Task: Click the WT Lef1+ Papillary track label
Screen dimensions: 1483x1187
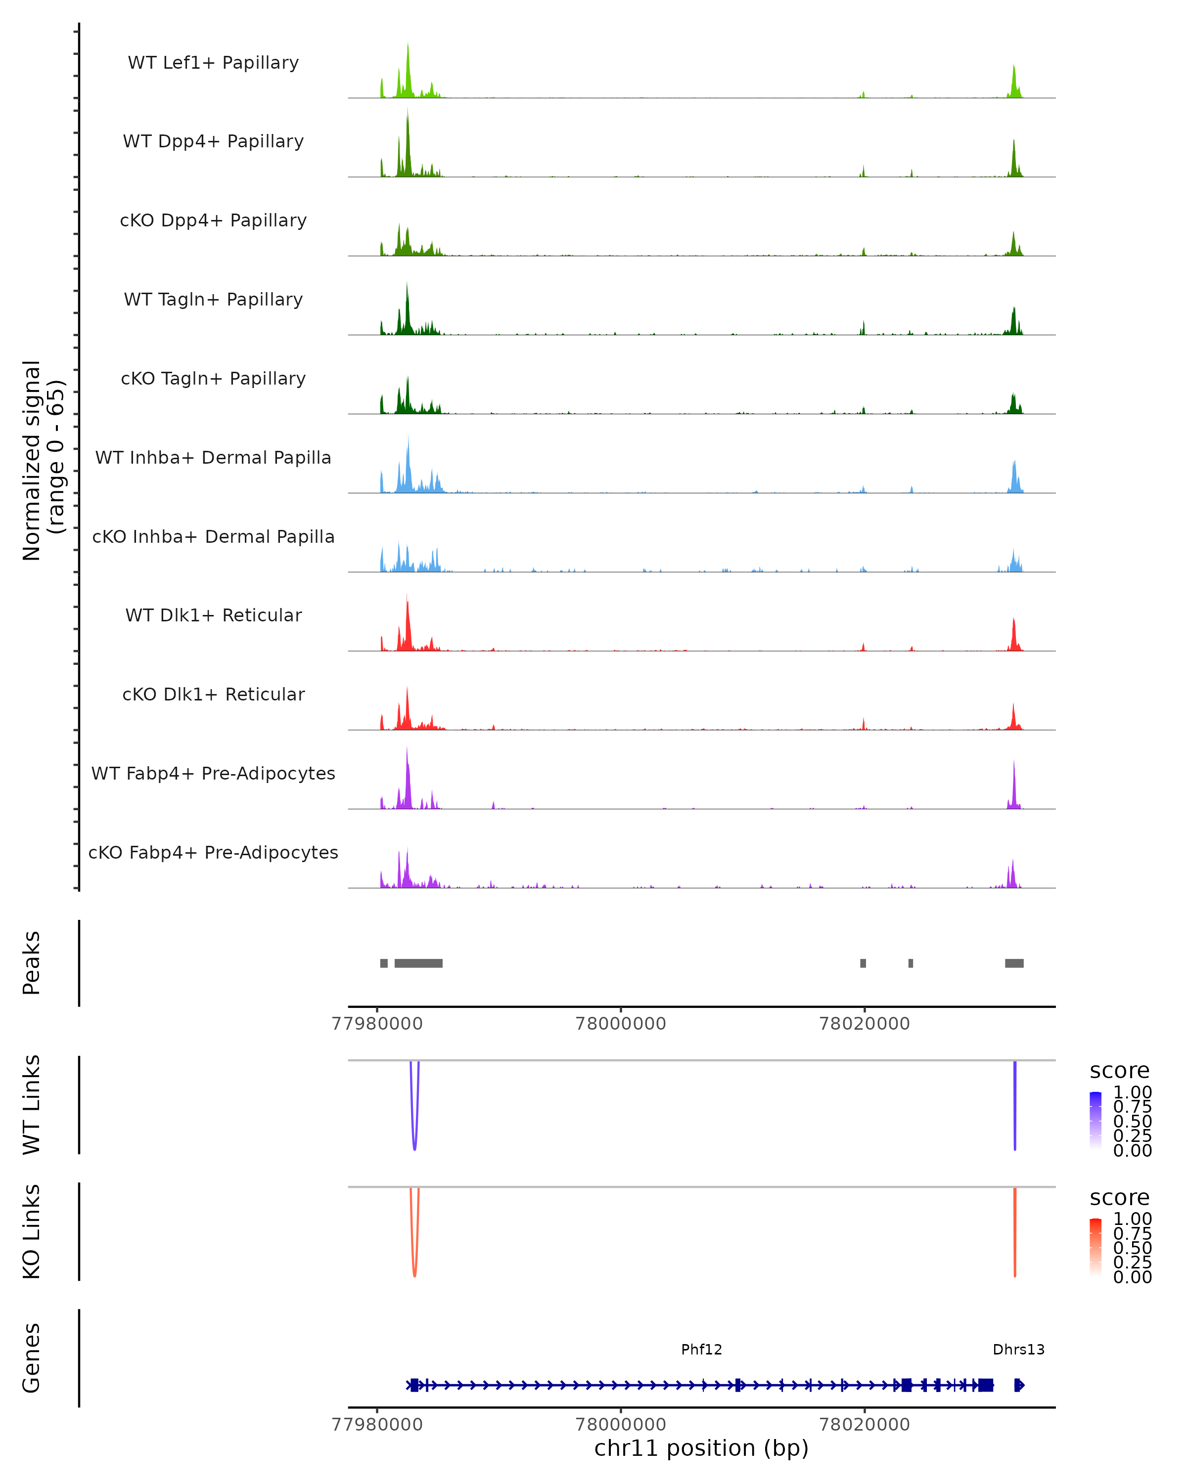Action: click(213, 63)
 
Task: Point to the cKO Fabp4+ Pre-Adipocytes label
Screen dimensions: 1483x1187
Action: click(213, 852)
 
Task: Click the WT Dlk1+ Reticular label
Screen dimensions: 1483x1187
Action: click(213, 615)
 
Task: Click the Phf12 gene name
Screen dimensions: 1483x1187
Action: click(701, 1350)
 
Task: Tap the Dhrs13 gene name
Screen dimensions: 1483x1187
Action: click(1018, 1350)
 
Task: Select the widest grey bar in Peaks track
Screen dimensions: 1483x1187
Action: click(418, 963)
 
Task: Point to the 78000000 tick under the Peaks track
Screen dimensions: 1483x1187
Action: click(621, 1024)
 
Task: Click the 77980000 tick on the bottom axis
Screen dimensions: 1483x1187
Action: click(377, 1425)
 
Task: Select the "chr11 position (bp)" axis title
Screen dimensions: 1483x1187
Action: click(701, 1448)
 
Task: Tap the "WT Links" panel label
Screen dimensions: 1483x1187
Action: click(32, 1105)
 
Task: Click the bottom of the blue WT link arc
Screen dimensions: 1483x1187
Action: click(414, 1149)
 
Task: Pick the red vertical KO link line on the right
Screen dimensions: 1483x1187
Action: click(1015, 1231)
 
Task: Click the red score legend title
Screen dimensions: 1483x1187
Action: click(1120, 1198)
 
